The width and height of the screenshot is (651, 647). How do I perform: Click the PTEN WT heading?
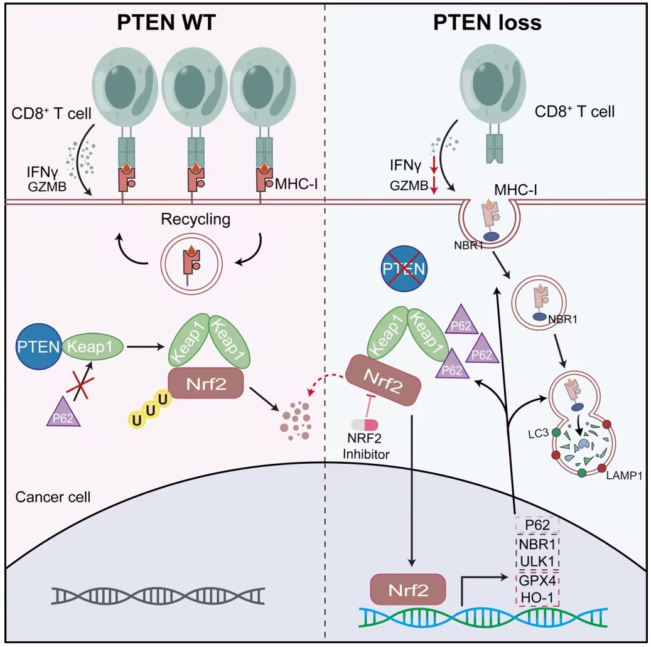tap(166, 23)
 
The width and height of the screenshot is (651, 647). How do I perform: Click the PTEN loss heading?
tap(487, 23)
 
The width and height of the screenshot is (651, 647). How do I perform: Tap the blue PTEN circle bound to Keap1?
tap(39, 346)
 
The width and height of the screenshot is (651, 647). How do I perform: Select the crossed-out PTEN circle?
tap(404, 269)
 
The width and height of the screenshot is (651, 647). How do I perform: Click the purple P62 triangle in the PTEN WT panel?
tap(63, 413)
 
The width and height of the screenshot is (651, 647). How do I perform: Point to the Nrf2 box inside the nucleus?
tap(407, 590)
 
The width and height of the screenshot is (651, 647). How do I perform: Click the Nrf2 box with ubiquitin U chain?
tap(206, 383)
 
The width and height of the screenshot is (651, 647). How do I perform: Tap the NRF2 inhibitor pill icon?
tap(365, 425)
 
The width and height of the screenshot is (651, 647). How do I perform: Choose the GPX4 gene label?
tap(537, 580)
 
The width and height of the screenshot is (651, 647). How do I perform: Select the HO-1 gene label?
tap(537, 597)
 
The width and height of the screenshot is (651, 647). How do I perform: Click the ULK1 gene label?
tap(537, 562)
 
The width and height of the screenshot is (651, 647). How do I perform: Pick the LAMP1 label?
tap(624, 475)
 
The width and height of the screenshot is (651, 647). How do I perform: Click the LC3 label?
tap(538, 434)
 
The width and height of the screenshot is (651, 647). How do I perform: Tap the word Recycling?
tap(195, 219)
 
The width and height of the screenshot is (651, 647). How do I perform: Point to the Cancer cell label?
tap(53, 497)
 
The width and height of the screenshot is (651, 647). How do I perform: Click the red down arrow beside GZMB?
tap(434, 186)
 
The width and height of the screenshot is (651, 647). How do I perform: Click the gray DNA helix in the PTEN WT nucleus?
tap(158, 596)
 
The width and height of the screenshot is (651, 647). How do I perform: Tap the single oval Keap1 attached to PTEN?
tap(92, 346)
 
